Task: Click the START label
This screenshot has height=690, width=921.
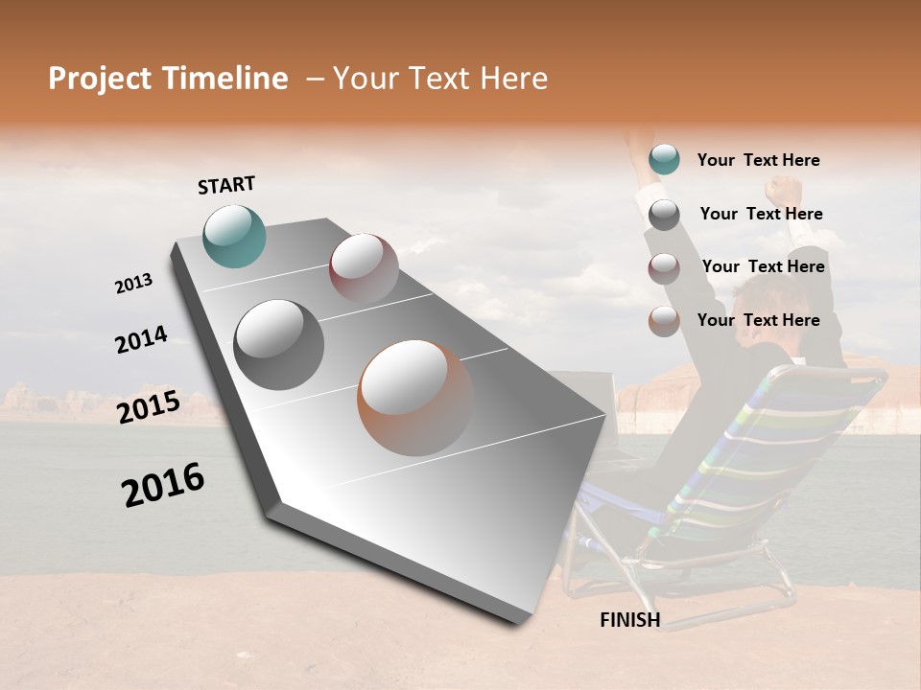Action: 226,184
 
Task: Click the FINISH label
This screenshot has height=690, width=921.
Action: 630,620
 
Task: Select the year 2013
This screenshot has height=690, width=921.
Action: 133,283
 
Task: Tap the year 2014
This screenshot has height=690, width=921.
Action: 141,339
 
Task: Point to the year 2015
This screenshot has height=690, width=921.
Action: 149,407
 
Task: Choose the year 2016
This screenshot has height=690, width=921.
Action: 163,485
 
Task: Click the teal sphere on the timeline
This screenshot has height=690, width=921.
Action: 235,236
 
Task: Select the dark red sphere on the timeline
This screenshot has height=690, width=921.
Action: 364,268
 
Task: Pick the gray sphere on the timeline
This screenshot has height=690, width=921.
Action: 279,345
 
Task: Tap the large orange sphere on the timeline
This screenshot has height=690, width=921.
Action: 415,398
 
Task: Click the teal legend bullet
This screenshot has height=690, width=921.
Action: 664,160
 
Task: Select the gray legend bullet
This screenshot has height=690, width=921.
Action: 664,215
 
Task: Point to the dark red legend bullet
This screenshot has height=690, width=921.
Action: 664,268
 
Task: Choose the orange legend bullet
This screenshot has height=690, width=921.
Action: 664,321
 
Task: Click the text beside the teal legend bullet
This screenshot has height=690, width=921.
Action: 758,160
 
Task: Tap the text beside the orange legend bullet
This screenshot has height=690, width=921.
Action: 758,320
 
